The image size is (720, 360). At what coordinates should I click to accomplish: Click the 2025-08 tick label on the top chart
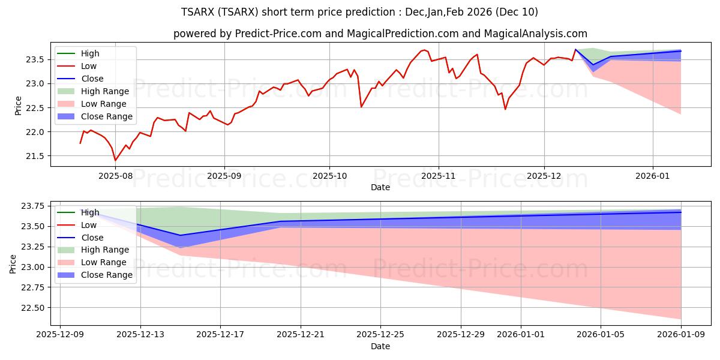[115, 176]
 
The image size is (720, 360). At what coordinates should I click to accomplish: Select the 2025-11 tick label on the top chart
[439, 176]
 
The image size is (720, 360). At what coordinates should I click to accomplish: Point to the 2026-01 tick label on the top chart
[653, 176]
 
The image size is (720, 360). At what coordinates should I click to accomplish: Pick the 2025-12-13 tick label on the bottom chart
[140, 335]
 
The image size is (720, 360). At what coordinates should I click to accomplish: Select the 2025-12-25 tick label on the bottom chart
[380, 335]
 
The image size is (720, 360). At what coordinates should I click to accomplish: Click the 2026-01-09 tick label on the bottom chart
[681, 335]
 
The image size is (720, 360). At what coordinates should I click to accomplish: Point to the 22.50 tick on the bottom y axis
[33, 308]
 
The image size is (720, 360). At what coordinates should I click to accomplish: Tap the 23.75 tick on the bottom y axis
[33, 206]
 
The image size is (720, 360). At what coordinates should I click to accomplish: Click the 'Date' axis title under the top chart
[380, 187]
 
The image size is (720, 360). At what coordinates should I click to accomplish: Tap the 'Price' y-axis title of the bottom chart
[13, 263]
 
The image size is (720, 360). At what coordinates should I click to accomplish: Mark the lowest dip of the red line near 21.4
[115, 160]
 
